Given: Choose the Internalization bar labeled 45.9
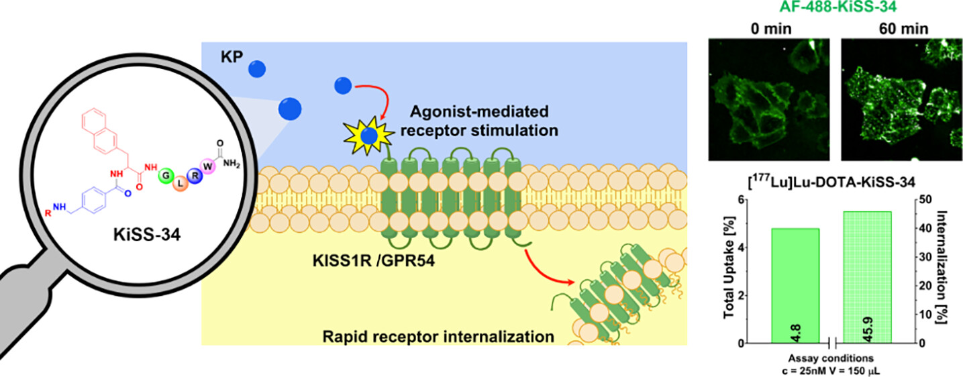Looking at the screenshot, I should tap(866, 277).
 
